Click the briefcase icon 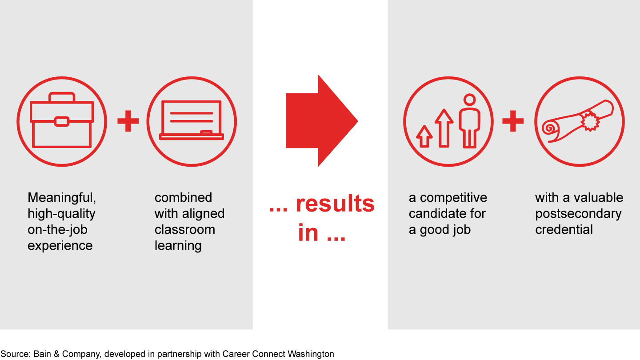[62, 120]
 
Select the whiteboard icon [192, 120]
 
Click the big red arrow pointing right [322, 120]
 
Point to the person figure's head [469, 100]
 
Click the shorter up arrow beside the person [424, 136]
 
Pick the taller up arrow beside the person [444, 128]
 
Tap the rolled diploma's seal [590, 121]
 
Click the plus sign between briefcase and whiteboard [128, 121]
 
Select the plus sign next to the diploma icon [513, 121]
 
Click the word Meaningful [62, 198]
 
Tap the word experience [60, 246]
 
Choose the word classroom [185, 230]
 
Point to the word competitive [453, 198]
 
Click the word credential [564, 230]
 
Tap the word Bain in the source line [42, 354]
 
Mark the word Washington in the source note [311, 354]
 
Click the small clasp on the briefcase [62, 121]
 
